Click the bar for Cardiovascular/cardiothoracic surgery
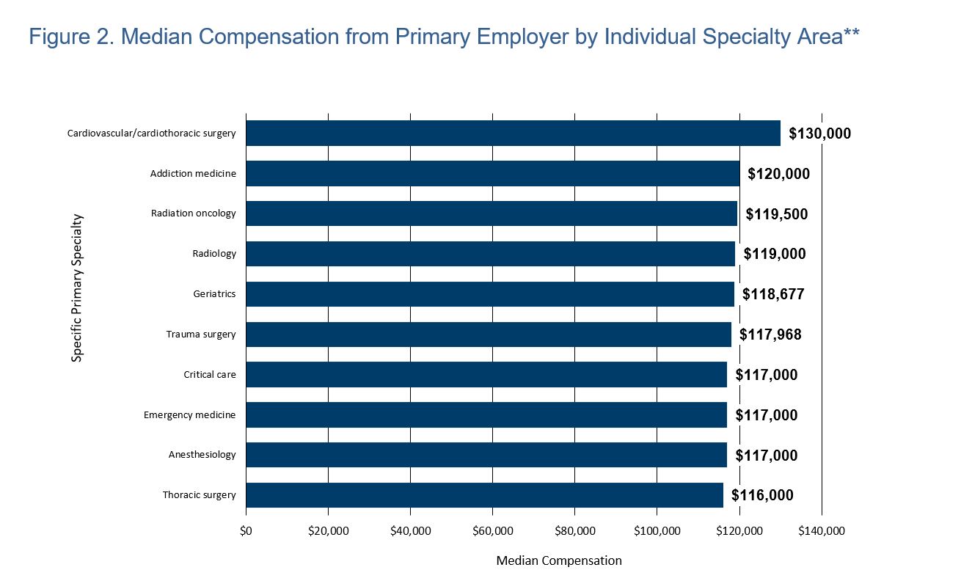coord(513,134)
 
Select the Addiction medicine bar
coord(493,174)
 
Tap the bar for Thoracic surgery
coord(484,495)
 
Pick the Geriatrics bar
coord(490,294)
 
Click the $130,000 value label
coord(819,134)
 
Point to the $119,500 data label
coord(776,214)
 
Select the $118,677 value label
coord(773,294)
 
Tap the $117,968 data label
coord(770,335)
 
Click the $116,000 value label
coord(762,495)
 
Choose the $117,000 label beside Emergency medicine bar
coord(766,415)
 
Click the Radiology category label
coord(214,254)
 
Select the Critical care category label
coord(210,375)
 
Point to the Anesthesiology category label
coord(202,455)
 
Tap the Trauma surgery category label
coord(201,335)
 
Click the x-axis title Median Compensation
coord(558,561)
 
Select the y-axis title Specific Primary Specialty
coord(77,288)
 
